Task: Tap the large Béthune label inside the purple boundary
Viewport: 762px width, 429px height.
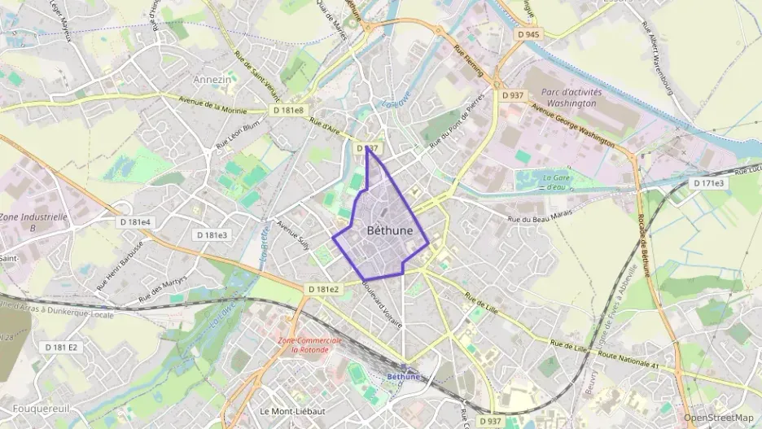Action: point(389,230)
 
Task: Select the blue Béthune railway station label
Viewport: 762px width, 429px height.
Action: point(403,376)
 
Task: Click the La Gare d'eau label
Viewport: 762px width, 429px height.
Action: point(555,182)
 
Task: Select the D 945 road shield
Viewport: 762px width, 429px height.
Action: point(528,34)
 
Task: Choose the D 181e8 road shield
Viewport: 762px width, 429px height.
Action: point(288,110)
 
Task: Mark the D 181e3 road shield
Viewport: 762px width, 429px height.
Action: point(212,234)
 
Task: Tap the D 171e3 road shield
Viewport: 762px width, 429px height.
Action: point(708,182)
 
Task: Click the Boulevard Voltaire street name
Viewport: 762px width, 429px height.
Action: point(383,304)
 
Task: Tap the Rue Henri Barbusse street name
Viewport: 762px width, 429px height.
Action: point(120,265)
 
